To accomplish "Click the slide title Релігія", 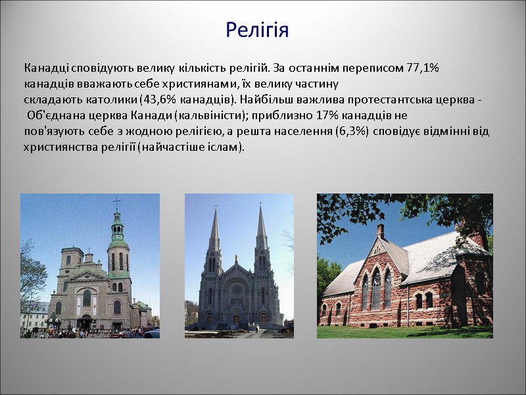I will pos(257,30).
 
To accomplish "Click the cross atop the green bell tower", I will pos(117,201).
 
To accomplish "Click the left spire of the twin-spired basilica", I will pos(214,230).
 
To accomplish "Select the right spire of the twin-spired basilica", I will pos(261,230).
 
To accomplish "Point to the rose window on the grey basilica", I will pos(237,289).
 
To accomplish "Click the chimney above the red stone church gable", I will pos(380,231).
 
